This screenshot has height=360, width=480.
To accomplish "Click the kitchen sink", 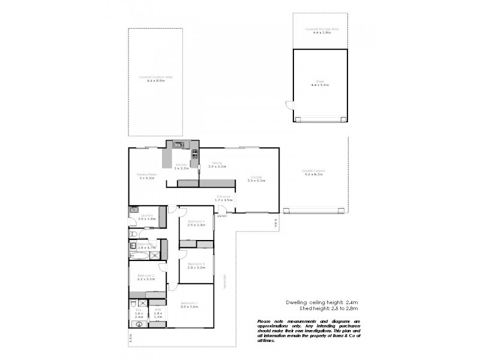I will tap(179, 144).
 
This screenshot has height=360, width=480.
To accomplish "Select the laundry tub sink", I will tap(133, 211).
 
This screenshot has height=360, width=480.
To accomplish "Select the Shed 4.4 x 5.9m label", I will tap(320, 84).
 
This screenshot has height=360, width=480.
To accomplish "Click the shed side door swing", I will tap(289, 107).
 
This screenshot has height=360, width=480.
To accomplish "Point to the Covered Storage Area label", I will tap(320, 30).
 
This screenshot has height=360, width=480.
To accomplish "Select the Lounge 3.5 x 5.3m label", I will tap(256, 178).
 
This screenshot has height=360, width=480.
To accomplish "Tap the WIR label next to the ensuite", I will tap(158, 311).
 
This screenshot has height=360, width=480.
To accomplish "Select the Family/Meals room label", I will tap(146, 176).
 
